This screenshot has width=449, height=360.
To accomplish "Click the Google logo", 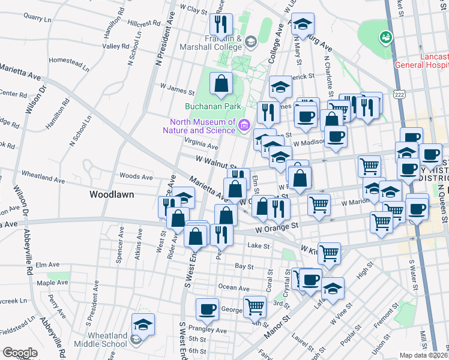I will coord(20,353).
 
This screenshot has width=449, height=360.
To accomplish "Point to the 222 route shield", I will coord(399,94).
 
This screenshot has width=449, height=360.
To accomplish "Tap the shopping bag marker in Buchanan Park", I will coord(221,84).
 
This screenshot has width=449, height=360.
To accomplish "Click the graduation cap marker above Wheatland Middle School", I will coord(143,325).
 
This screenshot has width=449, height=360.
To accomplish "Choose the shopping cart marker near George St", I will coord(255,307).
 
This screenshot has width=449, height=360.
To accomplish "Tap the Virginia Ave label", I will coord(201,145).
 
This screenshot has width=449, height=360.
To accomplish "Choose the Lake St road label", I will coord(259,245).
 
